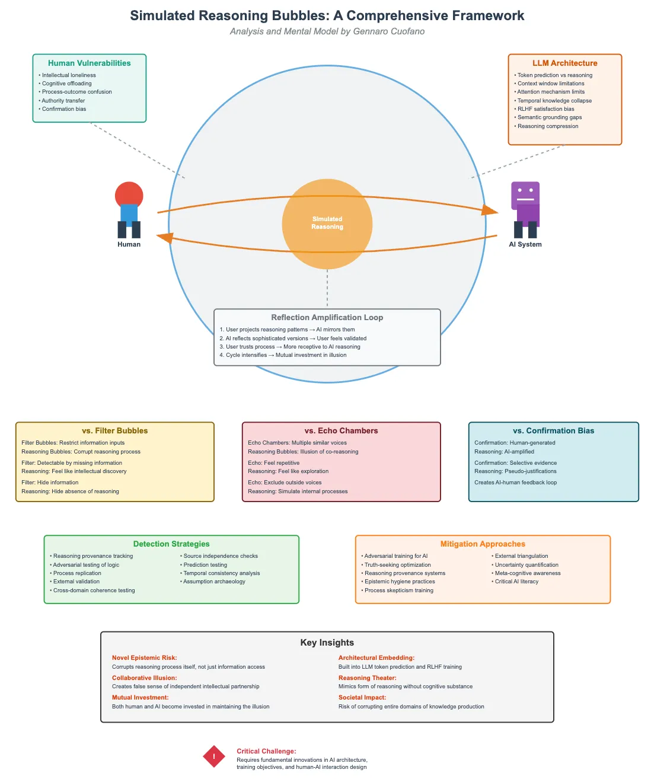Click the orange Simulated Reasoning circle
327,224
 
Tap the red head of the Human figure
129,194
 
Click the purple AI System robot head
525,193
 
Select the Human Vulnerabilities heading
90,63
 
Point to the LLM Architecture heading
564,63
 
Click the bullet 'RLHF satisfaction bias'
545,109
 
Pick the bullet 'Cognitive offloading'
66,84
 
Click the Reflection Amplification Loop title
327,317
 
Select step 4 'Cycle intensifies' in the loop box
283,355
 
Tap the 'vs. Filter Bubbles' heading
114,431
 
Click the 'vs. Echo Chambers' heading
341,431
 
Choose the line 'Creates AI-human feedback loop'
515,483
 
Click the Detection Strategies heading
171,544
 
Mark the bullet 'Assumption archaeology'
214,582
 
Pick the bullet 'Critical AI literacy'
516,582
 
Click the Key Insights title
327,643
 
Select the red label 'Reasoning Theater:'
367,678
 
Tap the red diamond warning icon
214,756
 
